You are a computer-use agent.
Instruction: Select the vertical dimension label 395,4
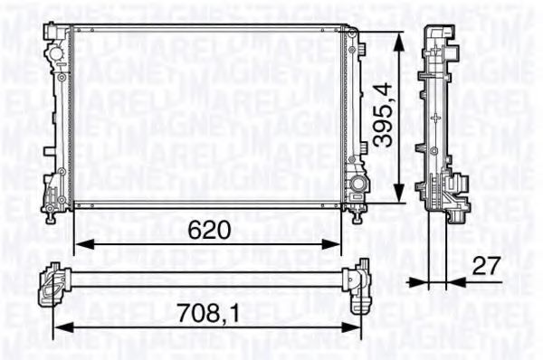[x=383, y=115]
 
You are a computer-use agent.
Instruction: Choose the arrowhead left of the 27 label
[x=419, y=281]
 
